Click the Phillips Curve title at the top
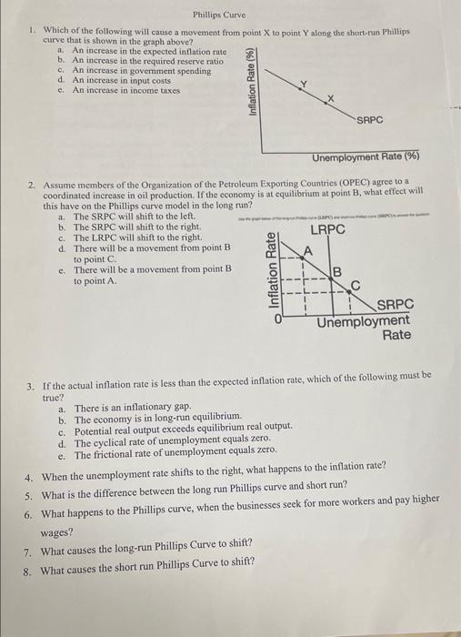click(220, 14)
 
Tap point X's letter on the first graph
click(330, 97)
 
